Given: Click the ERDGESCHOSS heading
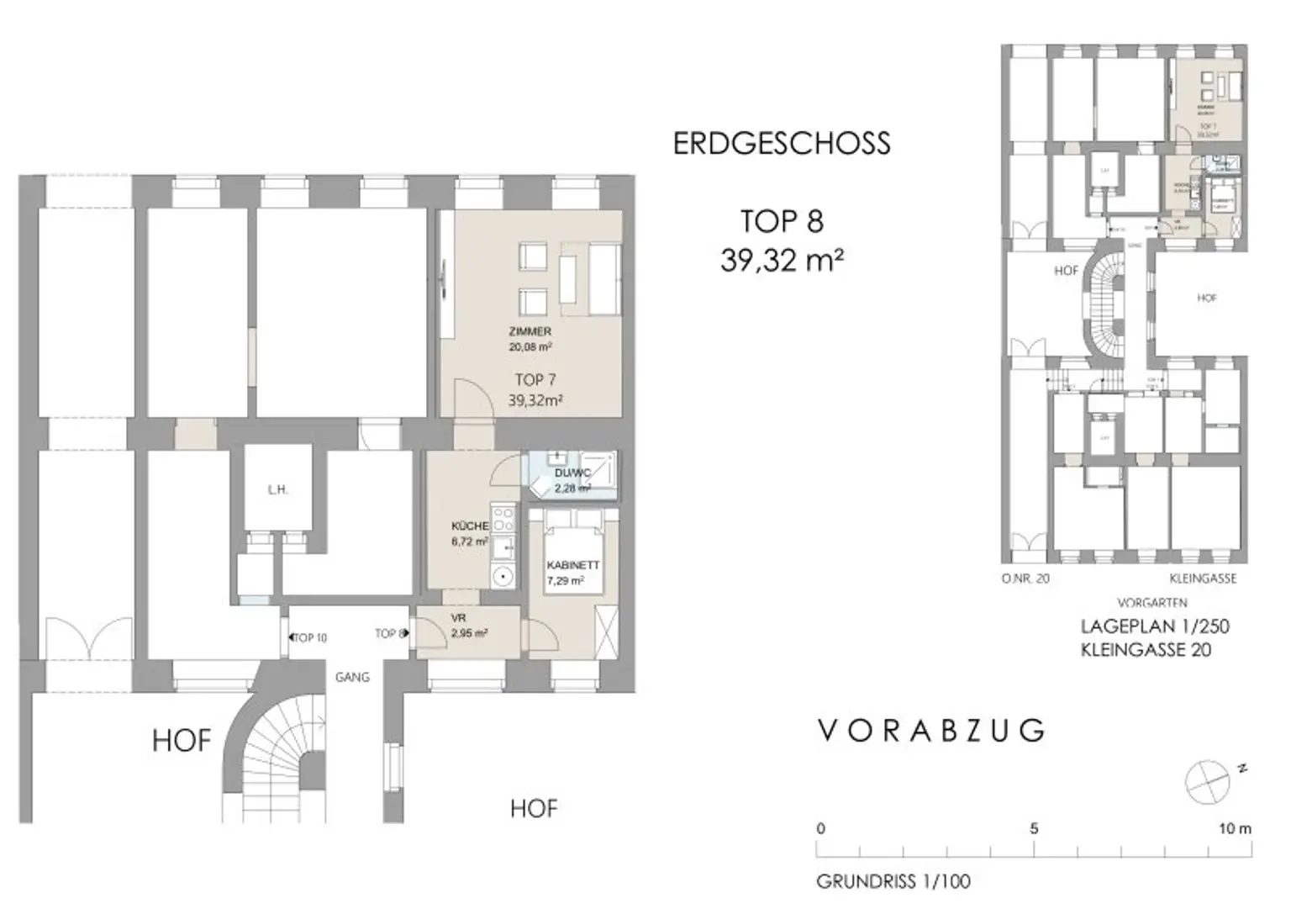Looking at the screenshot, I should point(782,144).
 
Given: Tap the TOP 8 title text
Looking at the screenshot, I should point(782,222).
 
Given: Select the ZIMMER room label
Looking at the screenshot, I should point(530,332).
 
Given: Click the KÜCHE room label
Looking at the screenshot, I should point(470,526).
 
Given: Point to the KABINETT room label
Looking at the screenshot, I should point(572,566).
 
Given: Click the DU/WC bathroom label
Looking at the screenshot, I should point(572,473).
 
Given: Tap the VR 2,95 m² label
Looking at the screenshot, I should point(468,626).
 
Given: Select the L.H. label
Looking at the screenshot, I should point(277,490).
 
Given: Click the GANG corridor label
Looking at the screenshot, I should point(352,677).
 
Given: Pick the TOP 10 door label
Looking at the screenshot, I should point(309,638).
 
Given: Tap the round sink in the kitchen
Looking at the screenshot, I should point(503,577).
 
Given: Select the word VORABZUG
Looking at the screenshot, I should point(931,731).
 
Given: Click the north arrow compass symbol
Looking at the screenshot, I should point(1208,781).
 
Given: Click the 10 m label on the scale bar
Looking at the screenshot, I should point(1234,829).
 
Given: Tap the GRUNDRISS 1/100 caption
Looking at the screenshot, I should point(893,882).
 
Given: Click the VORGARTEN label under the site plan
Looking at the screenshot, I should point(1151,603).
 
